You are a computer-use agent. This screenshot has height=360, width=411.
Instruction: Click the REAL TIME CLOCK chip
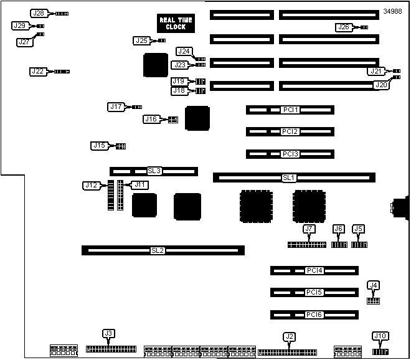coord(176,24)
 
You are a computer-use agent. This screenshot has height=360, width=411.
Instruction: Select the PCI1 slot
coord(290,110)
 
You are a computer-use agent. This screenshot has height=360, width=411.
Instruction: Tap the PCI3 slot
coord(290,154)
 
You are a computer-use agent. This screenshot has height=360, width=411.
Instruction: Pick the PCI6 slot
coord(314,315)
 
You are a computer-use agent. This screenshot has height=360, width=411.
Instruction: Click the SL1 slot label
coord(288,178)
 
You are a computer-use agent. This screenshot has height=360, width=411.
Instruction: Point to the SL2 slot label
coord(158,250)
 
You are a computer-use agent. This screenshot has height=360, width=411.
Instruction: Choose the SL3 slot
coord(154,171)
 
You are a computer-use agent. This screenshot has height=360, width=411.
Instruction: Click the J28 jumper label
coord(39,13)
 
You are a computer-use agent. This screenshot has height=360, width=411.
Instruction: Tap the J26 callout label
coord(343,27)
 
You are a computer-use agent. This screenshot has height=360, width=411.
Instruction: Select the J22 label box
coord(39,72)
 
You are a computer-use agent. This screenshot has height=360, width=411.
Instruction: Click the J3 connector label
coord(108,334)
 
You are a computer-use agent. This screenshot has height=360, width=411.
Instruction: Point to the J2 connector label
coord(288,337)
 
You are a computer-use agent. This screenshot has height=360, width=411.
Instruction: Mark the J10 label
coord(380,336)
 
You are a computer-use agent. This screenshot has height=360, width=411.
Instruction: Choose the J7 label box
coord(309,229)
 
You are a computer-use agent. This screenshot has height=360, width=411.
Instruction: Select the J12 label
coord(91,185)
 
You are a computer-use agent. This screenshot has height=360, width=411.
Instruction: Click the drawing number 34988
coord(393,11)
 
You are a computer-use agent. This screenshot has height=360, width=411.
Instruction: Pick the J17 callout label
coord(116,107)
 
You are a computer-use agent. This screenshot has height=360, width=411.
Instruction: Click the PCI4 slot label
coord(314,271)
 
